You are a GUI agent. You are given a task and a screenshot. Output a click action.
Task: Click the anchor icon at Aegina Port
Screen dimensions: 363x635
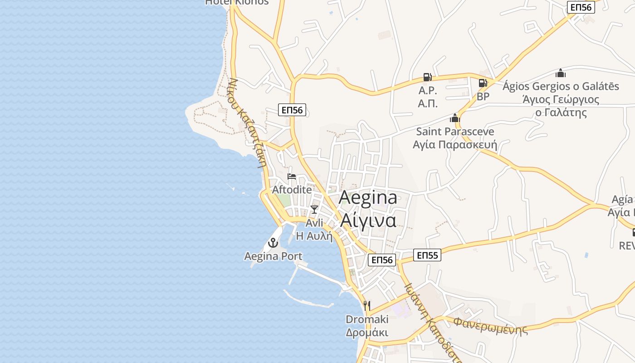pyautogui.click(x=273, y=243)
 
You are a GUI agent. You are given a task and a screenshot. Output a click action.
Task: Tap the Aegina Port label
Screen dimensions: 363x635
pyautogui.click(x=273, y=256)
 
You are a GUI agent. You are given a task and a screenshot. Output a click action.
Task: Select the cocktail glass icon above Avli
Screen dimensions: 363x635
pyautogui.click(x=314, y=210)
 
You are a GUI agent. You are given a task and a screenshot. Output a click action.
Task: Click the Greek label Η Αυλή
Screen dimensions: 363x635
pyautogui.click(x=314, y=236)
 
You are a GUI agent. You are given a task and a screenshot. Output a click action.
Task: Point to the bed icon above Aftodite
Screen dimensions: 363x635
pyautogui.click(x=292, y=177)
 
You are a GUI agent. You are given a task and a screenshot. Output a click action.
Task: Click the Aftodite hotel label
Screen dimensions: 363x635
pyautogui.click(x=292, y=190)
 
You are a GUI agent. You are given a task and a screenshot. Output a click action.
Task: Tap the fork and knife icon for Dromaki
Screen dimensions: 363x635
pyautogui.click(x=367, y=306)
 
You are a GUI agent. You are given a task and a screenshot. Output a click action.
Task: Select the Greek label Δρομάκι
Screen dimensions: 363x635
pyautogui.click(x=367, y=333)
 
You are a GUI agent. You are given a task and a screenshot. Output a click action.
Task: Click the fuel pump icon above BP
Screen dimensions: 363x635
pyautogui.click(x=483, y=83)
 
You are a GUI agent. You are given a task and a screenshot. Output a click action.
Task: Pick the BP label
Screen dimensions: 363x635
pyautogui.click(x=483, y=97)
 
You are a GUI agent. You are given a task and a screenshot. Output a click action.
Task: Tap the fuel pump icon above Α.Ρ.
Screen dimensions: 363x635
pyautogui.click(x=428, y=77)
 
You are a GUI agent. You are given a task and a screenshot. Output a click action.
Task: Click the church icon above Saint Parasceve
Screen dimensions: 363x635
pyautogui.click(x=455, y=118)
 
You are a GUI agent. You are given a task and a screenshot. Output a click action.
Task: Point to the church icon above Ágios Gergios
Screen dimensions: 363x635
pyautogui.click(x=561, y=73)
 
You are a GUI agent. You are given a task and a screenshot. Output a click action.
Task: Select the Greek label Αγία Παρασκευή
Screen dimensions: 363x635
pyautogui.click(x=455, y=145)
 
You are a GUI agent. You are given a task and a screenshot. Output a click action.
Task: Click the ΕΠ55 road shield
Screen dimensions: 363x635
pyautogui.click(x=427, y=255)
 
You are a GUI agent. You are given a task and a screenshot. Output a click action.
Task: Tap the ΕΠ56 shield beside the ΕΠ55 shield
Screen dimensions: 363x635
pyautogui.click(x=381, y=260)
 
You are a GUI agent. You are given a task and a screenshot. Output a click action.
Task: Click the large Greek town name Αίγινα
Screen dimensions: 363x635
pyautogui.click(x=368, y=220)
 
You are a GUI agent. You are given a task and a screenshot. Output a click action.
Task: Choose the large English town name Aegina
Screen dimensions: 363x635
pyautogui.click(x=368, y=197)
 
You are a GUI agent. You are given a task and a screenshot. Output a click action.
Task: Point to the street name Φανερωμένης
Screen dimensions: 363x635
pyautogui.click(x=491, y=325)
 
